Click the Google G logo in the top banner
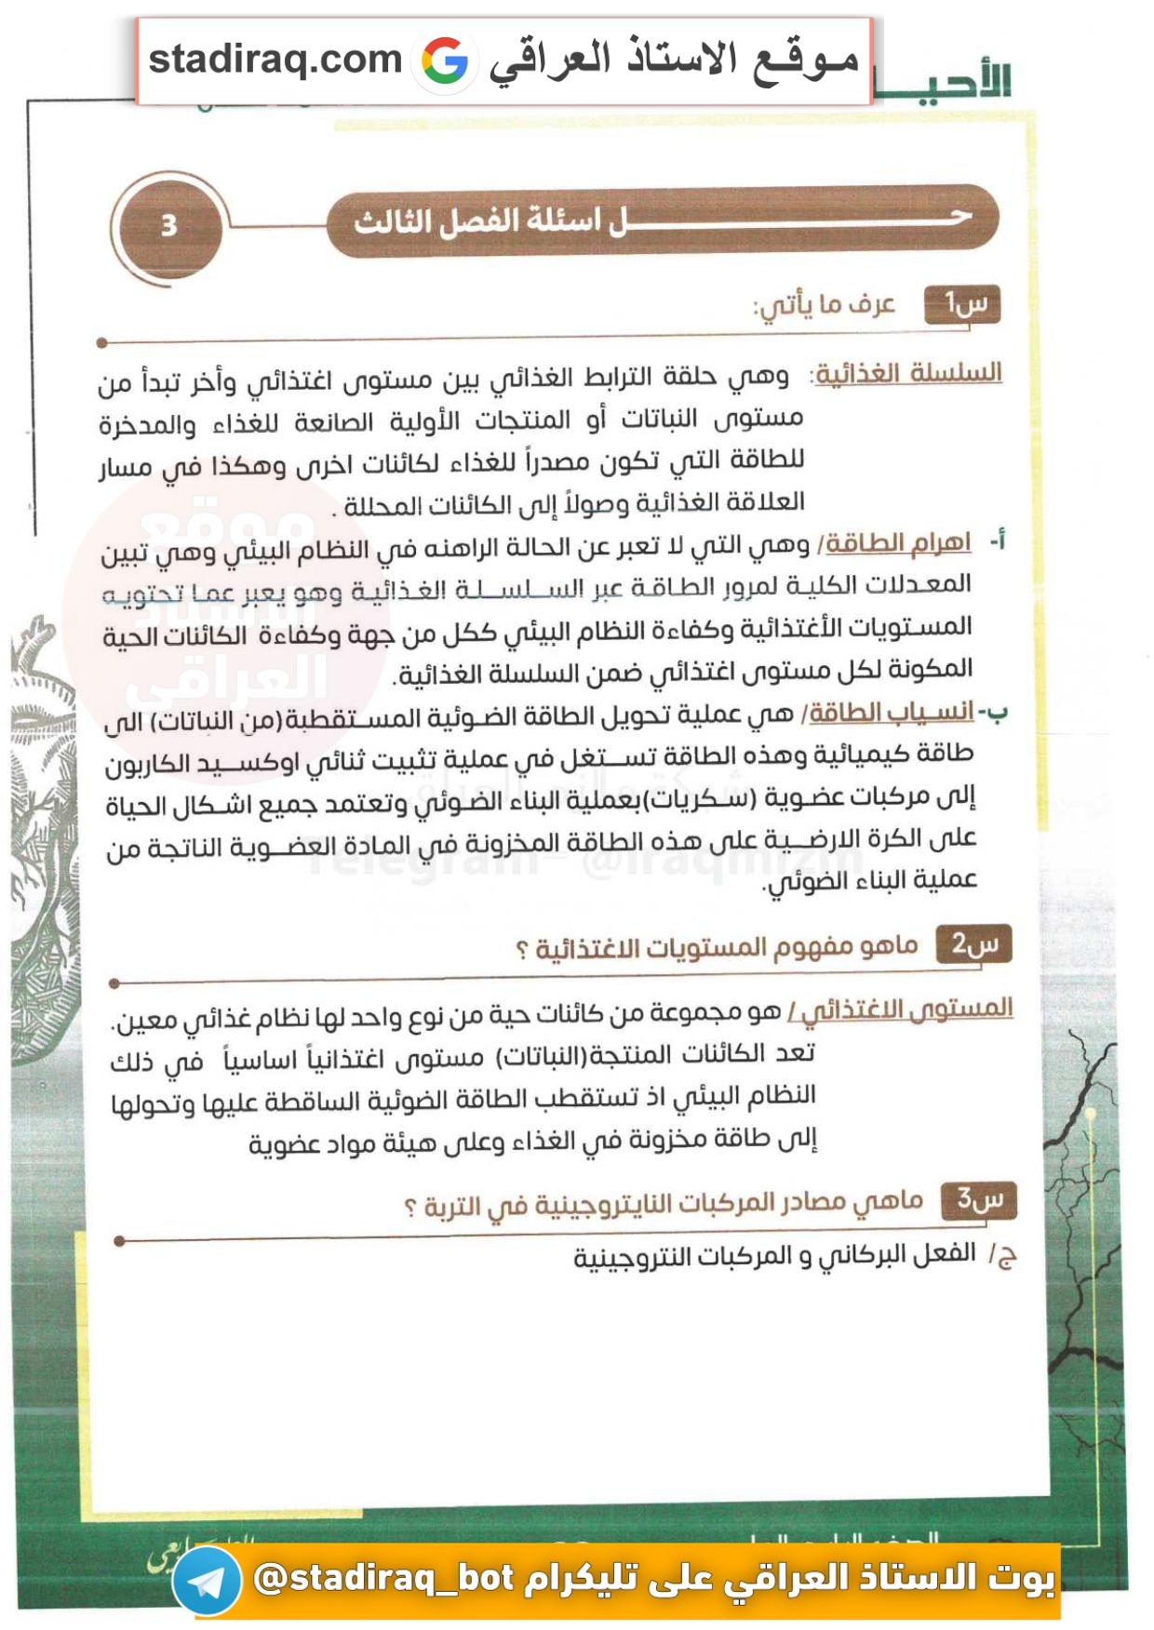pos(445,60)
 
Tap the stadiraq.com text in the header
pos(275,60)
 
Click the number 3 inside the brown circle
pos(168,226)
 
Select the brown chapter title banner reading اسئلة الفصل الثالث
pos(662,220)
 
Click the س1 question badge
pos(962,304)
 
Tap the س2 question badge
pos(973,944)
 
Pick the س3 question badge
pos(979,1199)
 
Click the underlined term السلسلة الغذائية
pos(908,373)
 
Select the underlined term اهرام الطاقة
pos(898,542)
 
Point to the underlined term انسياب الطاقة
pos(891,713)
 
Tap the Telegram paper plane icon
pos(207,1581)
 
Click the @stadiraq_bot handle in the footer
pos(383,1578)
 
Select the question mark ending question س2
pos(521,950)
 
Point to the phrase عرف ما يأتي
pos(825,305)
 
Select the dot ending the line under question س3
pos(119,1240)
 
